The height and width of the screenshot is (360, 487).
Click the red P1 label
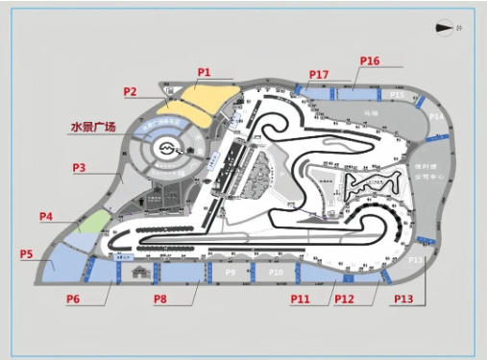tap(204, 72)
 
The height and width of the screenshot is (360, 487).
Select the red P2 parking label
tap(131, 91)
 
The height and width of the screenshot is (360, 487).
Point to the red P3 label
tap(80, 167)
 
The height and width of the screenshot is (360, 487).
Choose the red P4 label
tap(46, 216)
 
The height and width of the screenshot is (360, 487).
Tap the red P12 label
tap(345, 299)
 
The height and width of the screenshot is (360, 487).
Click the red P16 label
tap(370, 61)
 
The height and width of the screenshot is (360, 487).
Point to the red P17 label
tap(319, 74)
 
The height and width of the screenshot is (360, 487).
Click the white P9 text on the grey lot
tap(230, 274)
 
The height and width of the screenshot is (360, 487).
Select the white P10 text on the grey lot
tap(276, 274)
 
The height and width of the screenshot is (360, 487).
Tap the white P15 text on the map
tap(397, 95)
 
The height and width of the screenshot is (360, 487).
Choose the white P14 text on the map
tap(436, 116)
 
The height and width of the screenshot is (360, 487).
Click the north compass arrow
tap(445, 28)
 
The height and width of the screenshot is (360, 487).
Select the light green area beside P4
tap(93, 223)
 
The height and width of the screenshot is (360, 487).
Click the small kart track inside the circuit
tap(373, 182)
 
